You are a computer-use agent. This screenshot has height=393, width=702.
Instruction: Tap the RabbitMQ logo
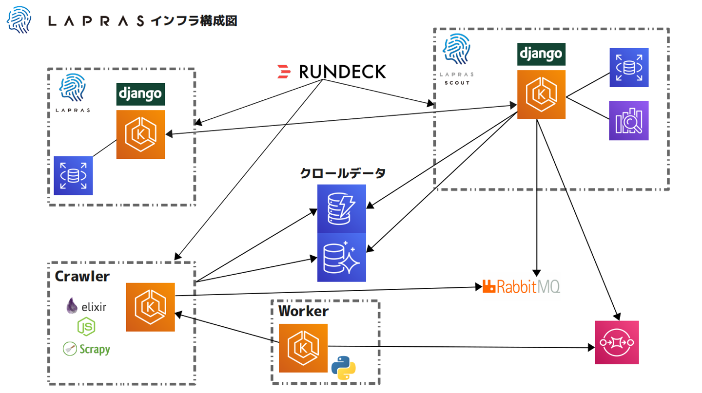(521, 286)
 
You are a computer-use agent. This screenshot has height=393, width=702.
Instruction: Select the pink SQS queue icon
(616, 342)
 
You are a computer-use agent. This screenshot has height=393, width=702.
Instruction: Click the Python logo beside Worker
(343, 368)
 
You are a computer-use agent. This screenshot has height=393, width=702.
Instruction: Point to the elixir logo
(86, 306)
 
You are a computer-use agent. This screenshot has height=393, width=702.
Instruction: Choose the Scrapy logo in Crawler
(86, 349)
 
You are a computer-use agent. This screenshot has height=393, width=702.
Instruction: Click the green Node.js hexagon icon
(86, 327)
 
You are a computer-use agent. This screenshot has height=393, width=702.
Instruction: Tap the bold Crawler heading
(82, 276)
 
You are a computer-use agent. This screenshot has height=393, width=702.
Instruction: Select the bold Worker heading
(303, 311)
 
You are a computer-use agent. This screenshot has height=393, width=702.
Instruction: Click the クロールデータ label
(343, 173)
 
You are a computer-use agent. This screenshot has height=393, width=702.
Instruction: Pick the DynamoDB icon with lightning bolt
(341, 209)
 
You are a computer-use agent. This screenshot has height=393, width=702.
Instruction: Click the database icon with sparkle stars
(341, 257)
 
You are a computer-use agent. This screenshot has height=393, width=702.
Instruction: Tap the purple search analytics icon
(628, 121)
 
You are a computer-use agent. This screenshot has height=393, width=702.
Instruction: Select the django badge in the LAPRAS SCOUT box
(541, 54)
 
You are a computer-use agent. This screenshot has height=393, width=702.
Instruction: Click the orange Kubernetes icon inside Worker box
(303, 348)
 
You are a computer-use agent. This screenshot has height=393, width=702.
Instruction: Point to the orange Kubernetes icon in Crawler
(150, 307)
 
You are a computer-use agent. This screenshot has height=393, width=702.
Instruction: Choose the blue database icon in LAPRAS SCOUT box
(628, 68)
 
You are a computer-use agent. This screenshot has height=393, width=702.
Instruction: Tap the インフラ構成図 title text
(195, 21)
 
